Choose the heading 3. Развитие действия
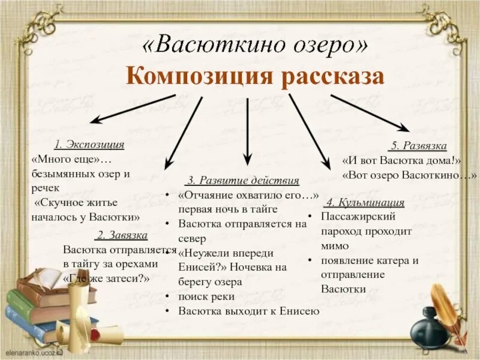pos(242,181)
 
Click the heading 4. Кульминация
pos(364,202)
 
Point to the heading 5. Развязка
pos(418,146)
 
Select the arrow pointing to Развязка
pos(370,112)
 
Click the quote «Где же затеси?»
pos(106,278)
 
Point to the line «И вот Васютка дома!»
pos(401,161)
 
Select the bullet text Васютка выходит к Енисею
pos(249,311)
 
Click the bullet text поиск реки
pos(206,296)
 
